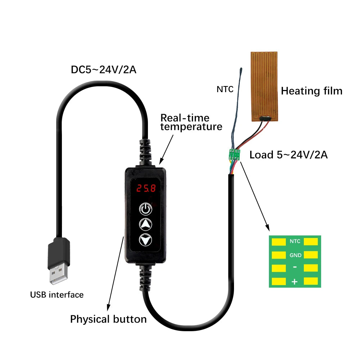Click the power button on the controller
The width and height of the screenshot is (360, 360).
(145, 208)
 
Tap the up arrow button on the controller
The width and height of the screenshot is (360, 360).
(145, 224)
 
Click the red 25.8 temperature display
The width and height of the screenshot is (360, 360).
(145, 188)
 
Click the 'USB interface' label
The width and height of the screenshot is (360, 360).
(57, 295)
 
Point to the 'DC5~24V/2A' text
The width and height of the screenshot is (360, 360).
(103, 69)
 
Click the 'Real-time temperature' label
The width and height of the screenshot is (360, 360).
(191, 122)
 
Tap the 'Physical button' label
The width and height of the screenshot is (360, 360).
(108, 319)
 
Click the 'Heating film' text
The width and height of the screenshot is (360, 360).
(311, 91)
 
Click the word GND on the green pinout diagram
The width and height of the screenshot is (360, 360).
(295, 255)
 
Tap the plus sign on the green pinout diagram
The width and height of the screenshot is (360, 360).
(294, 282)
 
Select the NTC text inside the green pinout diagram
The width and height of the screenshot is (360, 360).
(295, 242)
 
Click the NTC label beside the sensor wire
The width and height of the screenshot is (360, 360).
(225, 89)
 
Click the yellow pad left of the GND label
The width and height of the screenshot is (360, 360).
(278, 255)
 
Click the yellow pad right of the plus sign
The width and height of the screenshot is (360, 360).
(311, 281)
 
